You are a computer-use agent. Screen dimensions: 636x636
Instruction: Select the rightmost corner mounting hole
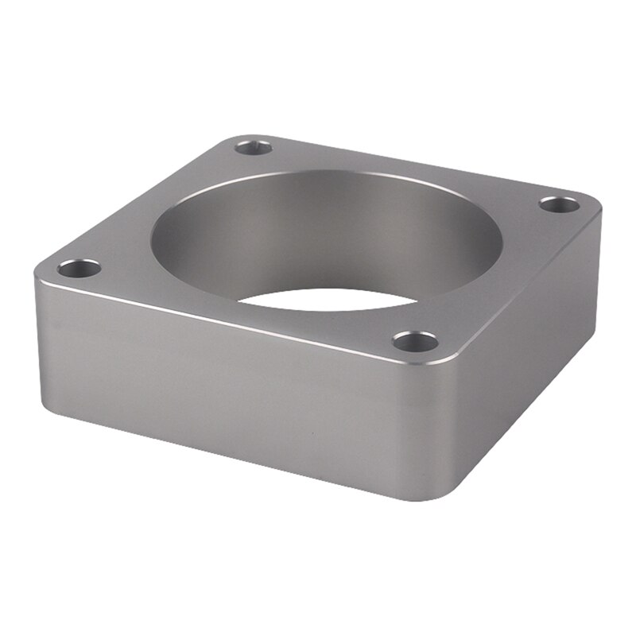pyautogui.click(x=560, y=204)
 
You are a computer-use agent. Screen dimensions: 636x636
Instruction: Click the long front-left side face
pyautogui.click(x=223, y=382)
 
